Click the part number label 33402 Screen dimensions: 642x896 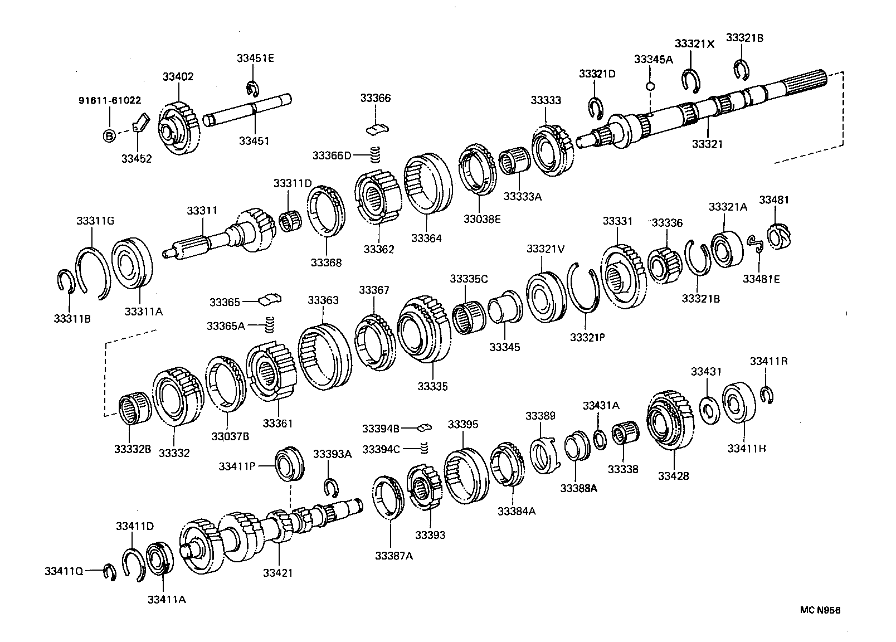point(178,77)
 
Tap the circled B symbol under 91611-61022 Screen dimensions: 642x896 point(109,135)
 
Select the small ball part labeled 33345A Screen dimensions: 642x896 point(650,86)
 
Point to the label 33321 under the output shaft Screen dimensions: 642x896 point(707,144)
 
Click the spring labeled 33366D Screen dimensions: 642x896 point(376,152)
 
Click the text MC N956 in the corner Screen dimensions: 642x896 point(820,610)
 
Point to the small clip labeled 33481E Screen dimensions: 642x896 point(756,244)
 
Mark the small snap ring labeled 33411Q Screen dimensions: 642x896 point(109,572)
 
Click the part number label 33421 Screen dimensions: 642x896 point(277,573)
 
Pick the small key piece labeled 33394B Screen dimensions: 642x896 point(425,427)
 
